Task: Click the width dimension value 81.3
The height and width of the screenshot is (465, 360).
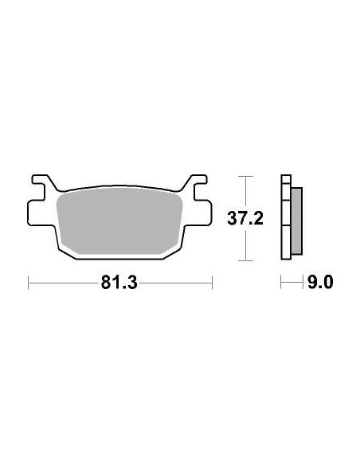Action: click(121, 282)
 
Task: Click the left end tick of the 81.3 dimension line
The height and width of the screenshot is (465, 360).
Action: click(29, 282)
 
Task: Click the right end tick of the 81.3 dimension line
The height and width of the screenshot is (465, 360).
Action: click(213, 282)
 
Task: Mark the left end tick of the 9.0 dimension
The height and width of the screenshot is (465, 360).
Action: click(281, 282)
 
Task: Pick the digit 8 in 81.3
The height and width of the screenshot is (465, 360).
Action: click(108, 282)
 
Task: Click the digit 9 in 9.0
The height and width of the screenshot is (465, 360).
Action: click(311, 282)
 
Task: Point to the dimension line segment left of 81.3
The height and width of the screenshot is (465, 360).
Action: click(64, 282)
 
